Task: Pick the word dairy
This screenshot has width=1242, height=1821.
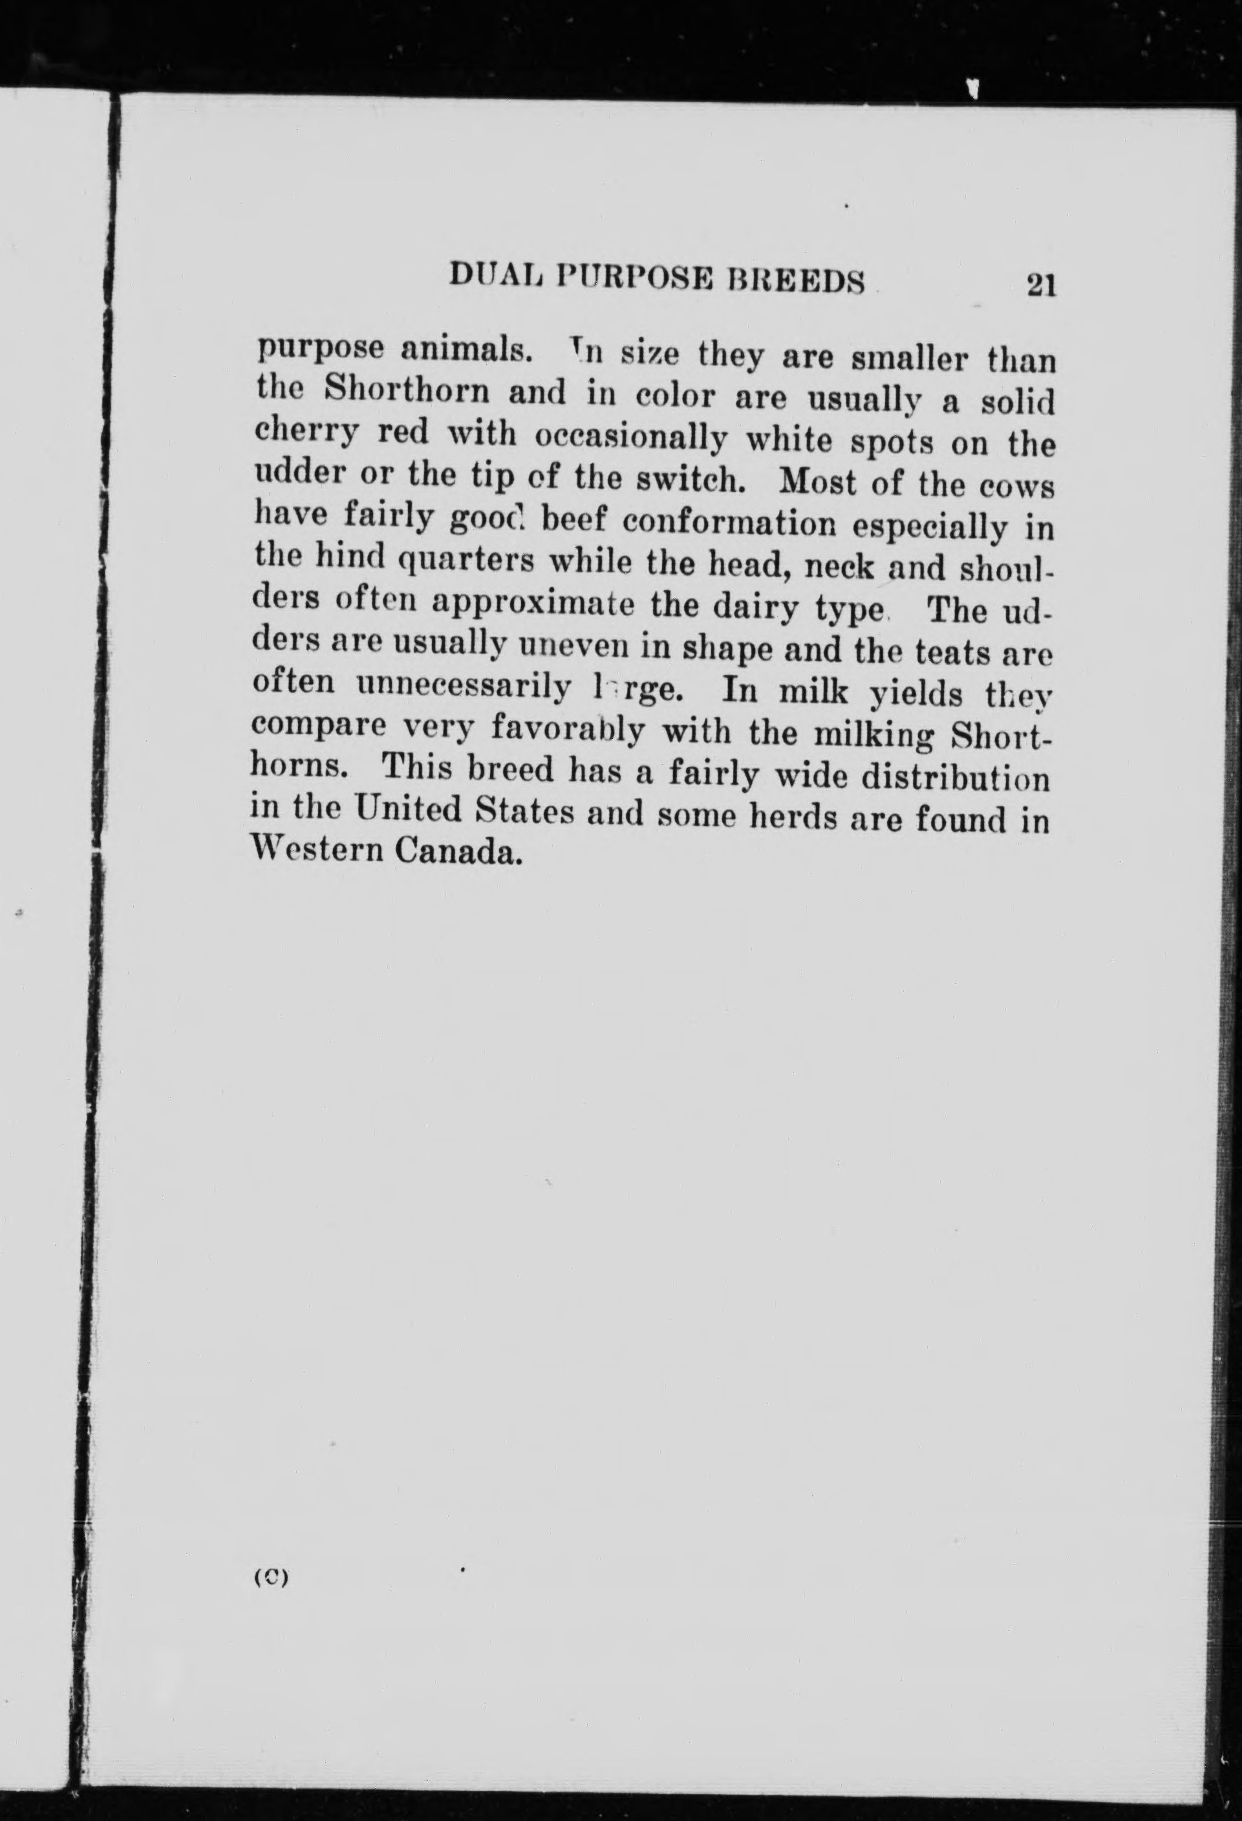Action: (x=751, y=606)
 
